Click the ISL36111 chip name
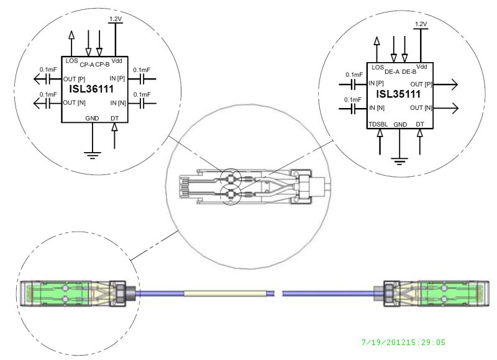[92, 91]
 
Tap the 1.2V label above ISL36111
[116, 20]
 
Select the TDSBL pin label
[378, 124]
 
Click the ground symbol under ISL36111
[93, 153]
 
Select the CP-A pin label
[88, 63]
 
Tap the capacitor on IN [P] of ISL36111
[144, 79]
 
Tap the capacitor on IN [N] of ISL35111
[353, 107]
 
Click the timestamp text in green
[403, 342]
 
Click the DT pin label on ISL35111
[420, 124]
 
